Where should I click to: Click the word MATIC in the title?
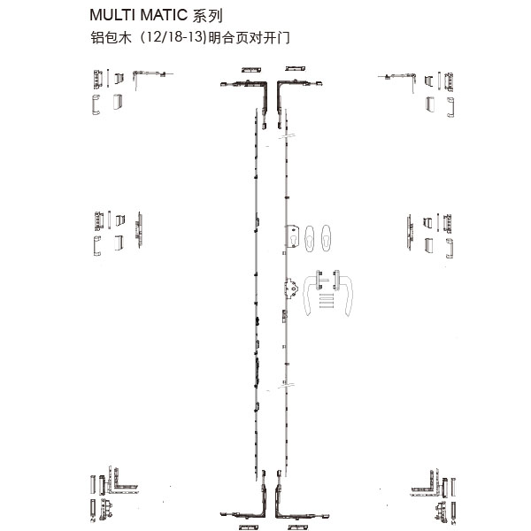point(164,15)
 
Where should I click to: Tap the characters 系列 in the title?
point(207,16)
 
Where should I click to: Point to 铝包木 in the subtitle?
point(111,37)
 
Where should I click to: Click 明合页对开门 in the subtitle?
point(249,37)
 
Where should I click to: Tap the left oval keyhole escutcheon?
point(310,238)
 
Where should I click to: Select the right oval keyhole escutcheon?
point(326,238)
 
